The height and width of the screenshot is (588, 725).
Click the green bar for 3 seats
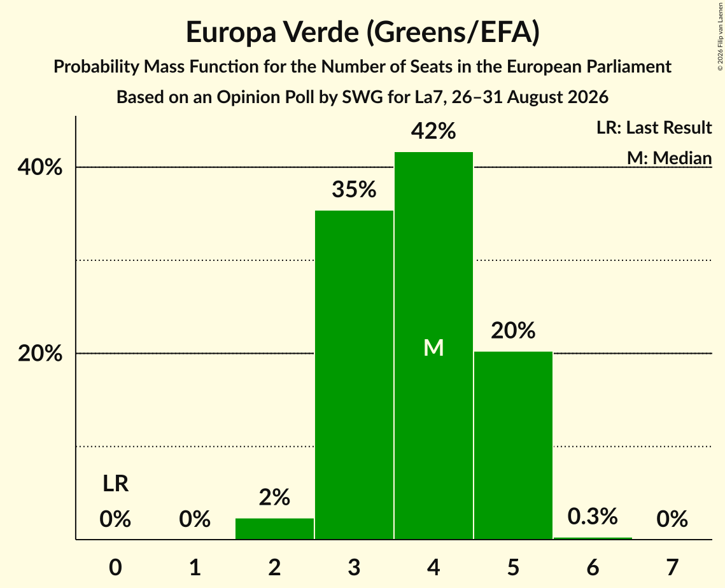354,375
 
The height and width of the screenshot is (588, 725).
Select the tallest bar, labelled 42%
433,346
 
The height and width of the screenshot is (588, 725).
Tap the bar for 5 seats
513,445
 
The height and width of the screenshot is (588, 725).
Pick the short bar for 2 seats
274,529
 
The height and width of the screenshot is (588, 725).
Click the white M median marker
433,347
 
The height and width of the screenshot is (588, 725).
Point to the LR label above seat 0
116,484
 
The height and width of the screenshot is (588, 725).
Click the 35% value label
354,190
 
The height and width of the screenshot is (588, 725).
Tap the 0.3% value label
593,516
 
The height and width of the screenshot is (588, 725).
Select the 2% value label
274,498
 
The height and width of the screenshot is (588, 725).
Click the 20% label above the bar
513,330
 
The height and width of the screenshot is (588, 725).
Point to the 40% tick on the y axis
40,167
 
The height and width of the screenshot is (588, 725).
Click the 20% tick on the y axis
40,354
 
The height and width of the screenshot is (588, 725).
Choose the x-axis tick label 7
672,567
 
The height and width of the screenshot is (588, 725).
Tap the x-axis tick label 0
116,567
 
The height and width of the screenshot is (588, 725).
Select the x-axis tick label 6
593,567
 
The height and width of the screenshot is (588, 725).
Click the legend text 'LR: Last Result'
654,127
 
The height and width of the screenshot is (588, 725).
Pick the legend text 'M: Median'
670,158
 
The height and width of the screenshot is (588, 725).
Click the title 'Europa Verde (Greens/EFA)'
363,32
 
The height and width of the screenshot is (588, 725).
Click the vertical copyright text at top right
721,37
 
